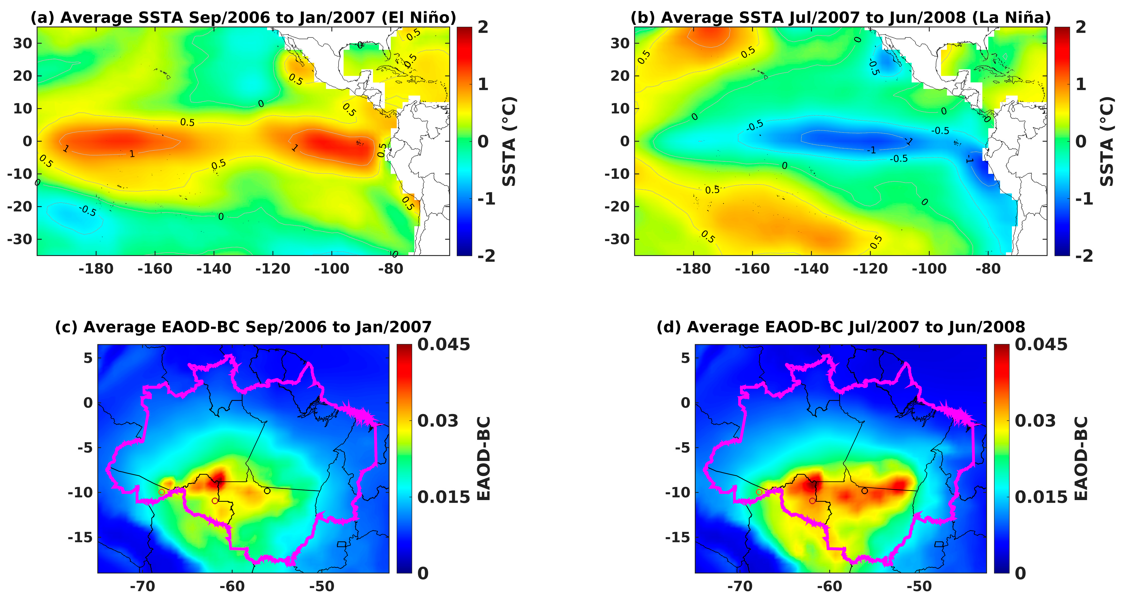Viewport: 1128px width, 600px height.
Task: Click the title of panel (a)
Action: point(243,17)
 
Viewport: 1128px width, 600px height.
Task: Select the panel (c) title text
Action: point(243,327)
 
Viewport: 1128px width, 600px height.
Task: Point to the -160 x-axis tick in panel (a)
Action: point(155,268)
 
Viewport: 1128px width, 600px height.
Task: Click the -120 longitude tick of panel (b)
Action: point(870,268)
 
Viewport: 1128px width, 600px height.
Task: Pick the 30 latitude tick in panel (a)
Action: point(22,43)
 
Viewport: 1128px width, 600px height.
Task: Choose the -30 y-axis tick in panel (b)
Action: point(617,239)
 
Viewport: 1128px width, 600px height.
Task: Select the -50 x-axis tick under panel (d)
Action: point(919,586)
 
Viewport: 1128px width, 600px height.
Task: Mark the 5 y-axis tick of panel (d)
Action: point(685,358)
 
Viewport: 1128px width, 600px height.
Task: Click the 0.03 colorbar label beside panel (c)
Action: point(438,420)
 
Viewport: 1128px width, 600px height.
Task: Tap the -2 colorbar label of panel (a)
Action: point(486,255)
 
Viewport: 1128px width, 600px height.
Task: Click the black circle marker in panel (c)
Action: point(267,491)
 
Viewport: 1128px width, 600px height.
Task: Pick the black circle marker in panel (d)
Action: point(864,491)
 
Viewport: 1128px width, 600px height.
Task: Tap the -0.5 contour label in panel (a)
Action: point(88,211)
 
